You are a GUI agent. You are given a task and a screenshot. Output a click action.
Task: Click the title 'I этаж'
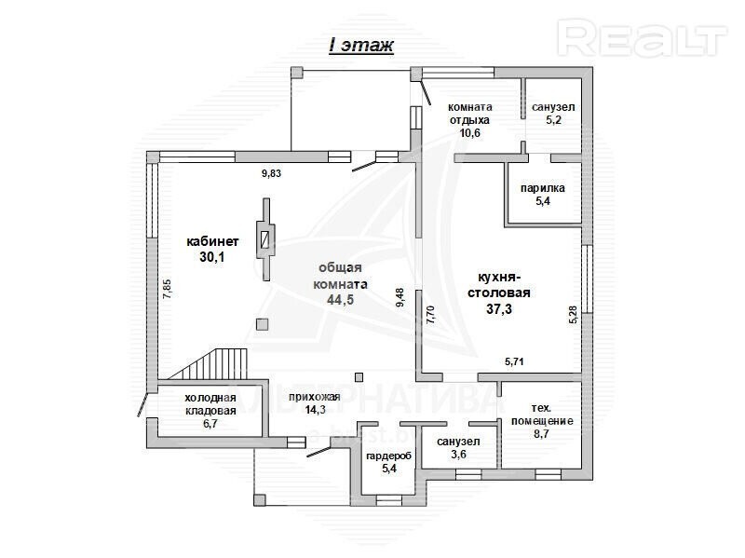click(x=361, y=46)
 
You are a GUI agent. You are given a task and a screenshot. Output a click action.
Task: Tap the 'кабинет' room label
click(x=212, y=241)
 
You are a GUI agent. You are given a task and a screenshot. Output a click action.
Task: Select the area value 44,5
click(x=340, y=299)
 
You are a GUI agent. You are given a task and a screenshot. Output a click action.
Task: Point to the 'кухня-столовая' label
click(x=499, y=285)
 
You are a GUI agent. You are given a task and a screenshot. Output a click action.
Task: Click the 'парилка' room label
click(x=543, y=188)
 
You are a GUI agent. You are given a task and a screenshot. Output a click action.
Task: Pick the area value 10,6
click(x=470, y=132)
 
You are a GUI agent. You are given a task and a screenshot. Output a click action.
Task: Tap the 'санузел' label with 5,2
click(x=553, y=107)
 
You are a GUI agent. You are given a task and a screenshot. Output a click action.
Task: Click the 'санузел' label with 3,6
click(x=458, y=442)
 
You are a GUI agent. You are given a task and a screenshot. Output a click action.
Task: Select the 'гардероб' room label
click(x=388, y=456)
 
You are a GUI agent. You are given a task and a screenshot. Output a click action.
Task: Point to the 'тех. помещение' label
click(x=542, y=415)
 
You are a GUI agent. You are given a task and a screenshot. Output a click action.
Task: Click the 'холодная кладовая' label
click(x=210, y=404)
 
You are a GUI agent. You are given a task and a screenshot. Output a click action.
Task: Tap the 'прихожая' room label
click(x=315, y=397)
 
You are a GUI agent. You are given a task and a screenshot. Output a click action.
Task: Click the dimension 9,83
click(x=271, y=173)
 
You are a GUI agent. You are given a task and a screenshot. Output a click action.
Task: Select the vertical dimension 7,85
click(x=167, y=289)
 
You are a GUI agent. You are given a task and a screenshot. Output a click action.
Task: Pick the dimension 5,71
click(x=514, y=361)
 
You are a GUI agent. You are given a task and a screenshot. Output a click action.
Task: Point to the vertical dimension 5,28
click(x=573, y=315)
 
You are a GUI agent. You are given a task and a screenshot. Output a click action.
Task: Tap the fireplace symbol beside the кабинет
click(x=265, y=239)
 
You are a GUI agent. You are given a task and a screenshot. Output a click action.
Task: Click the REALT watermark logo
click(x=643, y=38)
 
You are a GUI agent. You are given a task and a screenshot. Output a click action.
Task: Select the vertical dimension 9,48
click(x=400, y=297)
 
